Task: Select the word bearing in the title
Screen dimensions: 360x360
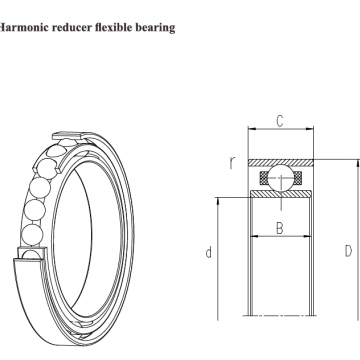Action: click(155, 28)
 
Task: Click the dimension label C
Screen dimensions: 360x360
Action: click(280, 121)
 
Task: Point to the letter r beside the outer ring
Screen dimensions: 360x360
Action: click(232, 162)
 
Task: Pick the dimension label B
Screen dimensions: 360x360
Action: click(280, 229)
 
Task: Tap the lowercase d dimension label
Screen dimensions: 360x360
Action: click(209, 252)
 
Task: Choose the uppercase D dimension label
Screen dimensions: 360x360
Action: click(348, 251)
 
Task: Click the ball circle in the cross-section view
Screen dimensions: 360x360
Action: click(280, 178)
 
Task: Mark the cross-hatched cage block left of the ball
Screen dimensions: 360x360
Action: click(264, 178)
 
